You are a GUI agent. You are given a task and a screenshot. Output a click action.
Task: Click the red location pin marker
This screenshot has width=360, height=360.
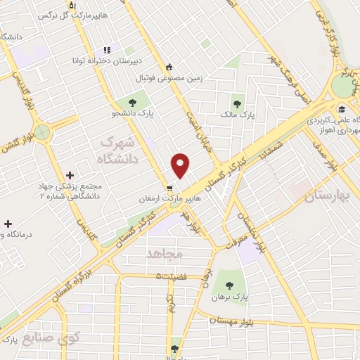(x=181, y=165)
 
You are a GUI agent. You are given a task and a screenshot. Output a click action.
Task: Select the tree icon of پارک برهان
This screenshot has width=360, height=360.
(x=229, y=285)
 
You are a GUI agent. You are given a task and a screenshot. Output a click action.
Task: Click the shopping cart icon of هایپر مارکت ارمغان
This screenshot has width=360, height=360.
(x=169, y=188)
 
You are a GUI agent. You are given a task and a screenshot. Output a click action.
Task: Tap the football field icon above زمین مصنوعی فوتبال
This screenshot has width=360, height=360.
(x=169, y=67)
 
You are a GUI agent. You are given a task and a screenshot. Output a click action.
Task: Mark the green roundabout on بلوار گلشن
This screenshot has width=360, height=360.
(x=44, y=131)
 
